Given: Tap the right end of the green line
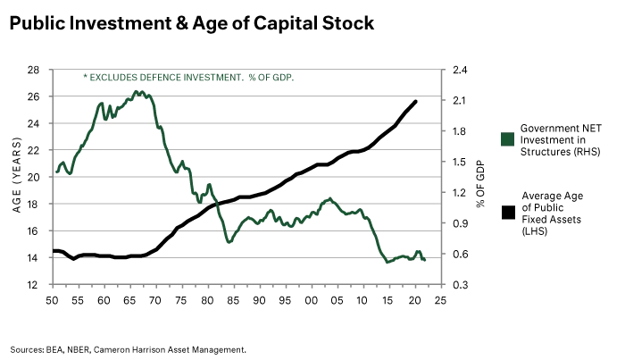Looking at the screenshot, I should (426, 258).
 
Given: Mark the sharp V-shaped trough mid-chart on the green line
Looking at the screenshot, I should (229, 242).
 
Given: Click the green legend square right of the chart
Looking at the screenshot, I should (506, 138).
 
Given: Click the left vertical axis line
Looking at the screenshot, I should (54, 179).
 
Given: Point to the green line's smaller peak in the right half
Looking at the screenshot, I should (329, 197).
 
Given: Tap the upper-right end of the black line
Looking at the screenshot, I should (418, 96).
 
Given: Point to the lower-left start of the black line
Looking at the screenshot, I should (56, 251).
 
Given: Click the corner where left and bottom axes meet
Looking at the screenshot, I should (54, 287).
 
